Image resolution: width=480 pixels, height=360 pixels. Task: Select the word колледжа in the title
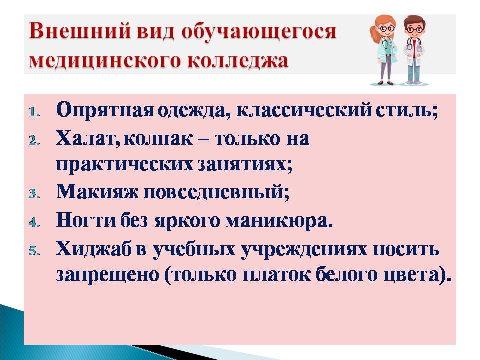pos(237,60)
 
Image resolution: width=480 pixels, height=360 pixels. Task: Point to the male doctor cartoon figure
pos(414,51)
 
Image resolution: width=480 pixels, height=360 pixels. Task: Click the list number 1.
pos(34,112)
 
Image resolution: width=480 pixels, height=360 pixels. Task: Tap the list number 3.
pos(34,194)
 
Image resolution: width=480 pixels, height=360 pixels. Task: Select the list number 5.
pos(34,251)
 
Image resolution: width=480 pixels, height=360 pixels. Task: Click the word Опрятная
pos(105,109)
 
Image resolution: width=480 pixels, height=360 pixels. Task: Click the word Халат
pos(87,139)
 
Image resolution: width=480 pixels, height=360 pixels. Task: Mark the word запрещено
pos(108,275)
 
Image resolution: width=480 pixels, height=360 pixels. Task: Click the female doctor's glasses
pos(386,28)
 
